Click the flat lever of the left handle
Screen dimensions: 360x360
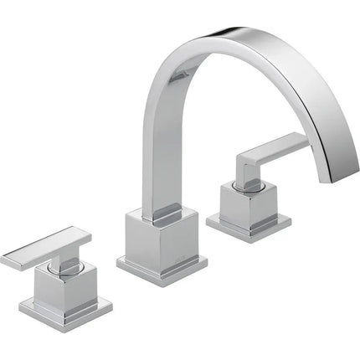(x=42, y=248)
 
